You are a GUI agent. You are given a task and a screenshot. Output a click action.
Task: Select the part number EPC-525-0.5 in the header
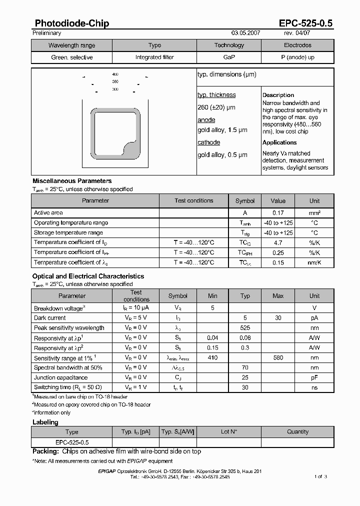coord(305,23)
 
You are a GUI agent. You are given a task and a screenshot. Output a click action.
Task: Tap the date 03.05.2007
coord(246,33)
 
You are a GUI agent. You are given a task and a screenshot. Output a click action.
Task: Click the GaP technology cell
coord(229,57)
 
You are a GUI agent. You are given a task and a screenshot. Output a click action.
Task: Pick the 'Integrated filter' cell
coord(154,57)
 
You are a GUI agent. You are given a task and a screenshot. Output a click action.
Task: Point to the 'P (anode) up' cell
coord(297,57)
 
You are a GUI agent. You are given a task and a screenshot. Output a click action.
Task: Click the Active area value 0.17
coord(278,213)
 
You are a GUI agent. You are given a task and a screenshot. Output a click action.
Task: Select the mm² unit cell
coord(314,213)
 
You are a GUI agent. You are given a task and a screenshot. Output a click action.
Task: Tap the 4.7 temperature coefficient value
coord(278,242)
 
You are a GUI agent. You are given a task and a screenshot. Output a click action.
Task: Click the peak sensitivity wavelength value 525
coord(245,328)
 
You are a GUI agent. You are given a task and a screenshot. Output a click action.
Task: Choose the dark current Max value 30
coord(278,318)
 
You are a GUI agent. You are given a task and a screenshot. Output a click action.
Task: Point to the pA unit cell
coord(314,318)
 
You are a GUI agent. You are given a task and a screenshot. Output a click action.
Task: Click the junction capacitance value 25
coord(245,378)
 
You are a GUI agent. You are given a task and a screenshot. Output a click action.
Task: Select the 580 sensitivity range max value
coord(278,358)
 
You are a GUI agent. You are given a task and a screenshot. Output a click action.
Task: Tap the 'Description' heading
coord(278,95)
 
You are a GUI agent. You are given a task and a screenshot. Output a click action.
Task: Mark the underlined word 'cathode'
coord(209,142)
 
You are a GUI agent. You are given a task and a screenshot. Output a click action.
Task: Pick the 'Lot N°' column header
coord(229,432)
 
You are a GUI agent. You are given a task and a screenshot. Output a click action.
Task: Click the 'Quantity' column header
coord(298,432)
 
